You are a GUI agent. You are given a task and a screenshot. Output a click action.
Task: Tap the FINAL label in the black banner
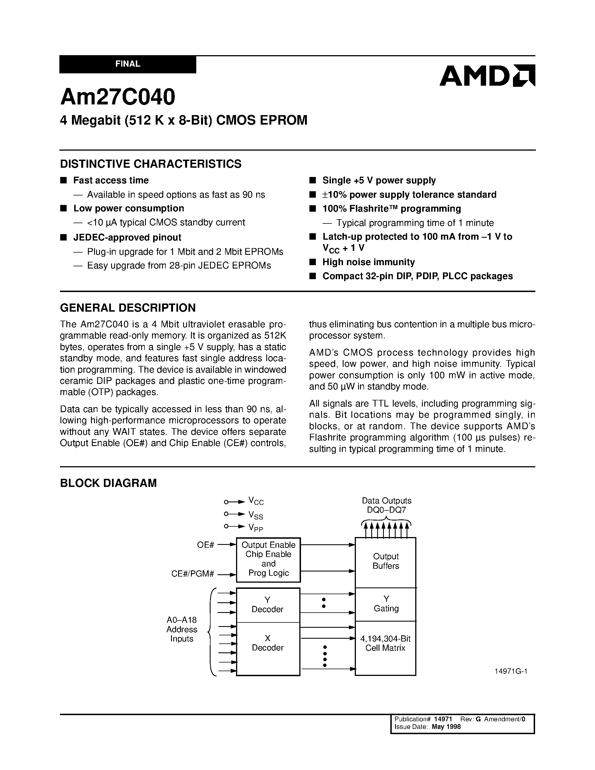(x=128, y=64)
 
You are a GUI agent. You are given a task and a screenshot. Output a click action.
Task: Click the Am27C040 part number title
(x=117, y=97)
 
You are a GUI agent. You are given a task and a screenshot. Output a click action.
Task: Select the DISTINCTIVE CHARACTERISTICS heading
(x=151, y=164)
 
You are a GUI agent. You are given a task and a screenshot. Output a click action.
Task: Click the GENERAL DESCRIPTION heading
(x=128, y=308)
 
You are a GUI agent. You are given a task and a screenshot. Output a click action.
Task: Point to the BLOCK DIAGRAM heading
(x=108, y=483)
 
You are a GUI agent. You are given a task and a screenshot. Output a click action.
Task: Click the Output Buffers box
(x=386, y=561)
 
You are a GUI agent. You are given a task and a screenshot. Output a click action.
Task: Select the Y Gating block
(x=386, y=604)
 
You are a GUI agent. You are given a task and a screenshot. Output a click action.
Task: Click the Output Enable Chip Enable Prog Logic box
(x=268, y=559)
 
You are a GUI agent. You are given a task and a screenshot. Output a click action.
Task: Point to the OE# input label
(x=206, y=545)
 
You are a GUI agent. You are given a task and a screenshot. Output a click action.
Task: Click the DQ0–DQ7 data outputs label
(x=386, y=510)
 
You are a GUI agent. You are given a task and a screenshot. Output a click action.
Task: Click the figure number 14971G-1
(x=511, y=671)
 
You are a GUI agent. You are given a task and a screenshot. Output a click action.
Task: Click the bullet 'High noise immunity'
(x=368, y=262)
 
